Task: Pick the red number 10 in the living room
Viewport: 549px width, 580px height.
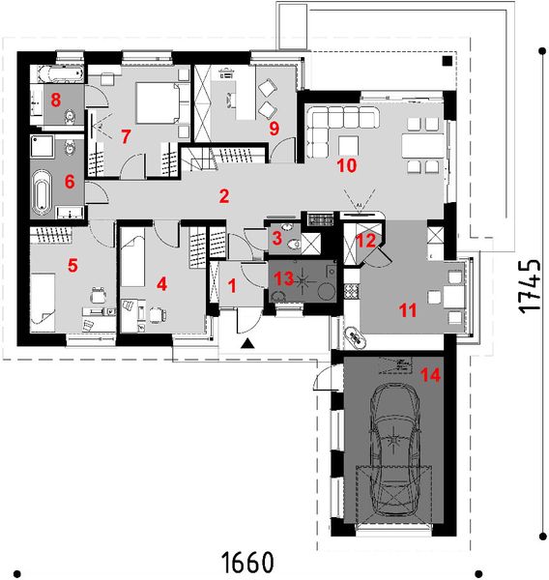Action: point(347,165)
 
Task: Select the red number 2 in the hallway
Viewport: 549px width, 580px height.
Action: point(223,197)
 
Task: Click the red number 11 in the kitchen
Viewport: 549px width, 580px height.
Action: point(407,310)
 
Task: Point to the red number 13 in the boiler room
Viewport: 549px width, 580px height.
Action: point(282,279)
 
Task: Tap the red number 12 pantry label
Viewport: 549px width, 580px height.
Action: point(365,241)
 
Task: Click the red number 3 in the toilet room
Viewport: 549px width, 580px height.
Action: point(276,238)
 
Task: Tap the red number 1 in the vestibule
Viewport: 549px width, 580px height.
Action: point(232,286)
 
